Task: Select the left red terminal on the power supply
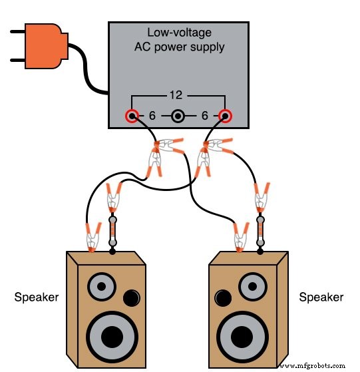[132, 117]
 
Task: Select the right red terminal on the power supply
[225, 117]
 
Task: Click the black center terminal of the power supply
[178, 117]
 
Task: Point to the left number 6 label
[152, 116]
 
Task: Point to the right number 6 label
[204, 116]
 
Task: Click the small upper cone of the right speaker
[255, 288]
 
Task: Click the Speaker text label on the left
[37, 297]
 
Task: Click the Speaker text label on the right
[321, 297]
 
